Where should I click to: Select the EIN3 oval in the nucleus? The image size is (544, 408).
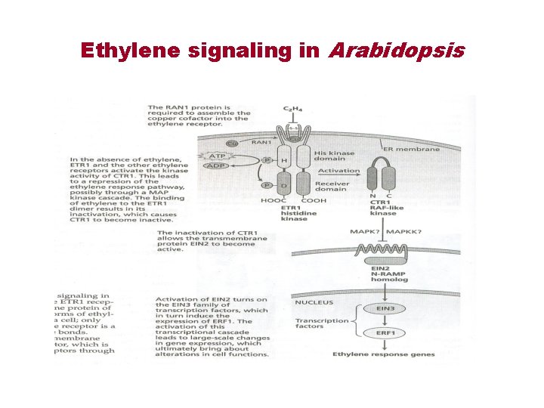click(381, 308)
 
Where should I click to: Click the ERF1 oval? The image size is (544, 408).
click(381, 333)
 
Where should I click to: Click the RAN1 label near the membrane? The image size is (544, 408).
click(261, 141)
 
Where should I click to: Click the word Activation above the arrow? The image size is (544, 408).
click(339, 171)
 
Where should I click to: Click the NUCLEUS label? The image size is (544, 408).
click(314, 302)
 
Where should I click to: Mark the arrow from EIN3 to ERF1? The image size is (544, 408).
click(381, 321)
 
